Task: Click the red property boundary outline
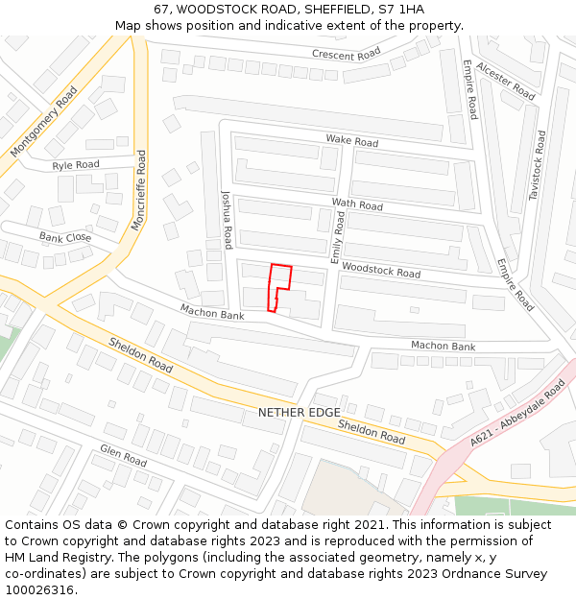click(278, 286)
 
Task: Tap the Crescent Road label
click(347, 55)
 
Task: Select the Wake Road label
click(351, 141)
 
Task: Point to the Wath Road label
click(357, 204)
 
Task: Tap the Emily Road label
click(337, 238)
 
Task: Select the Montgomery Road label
click(44, 123)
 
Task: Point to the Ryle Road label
click(76, 165)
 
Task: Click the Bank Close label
click(65, 237)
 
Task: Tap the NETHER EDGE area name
click(299, 413)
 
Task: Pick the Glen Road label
click(123, 455)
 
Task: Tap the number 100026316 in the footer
click(39, 590)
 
